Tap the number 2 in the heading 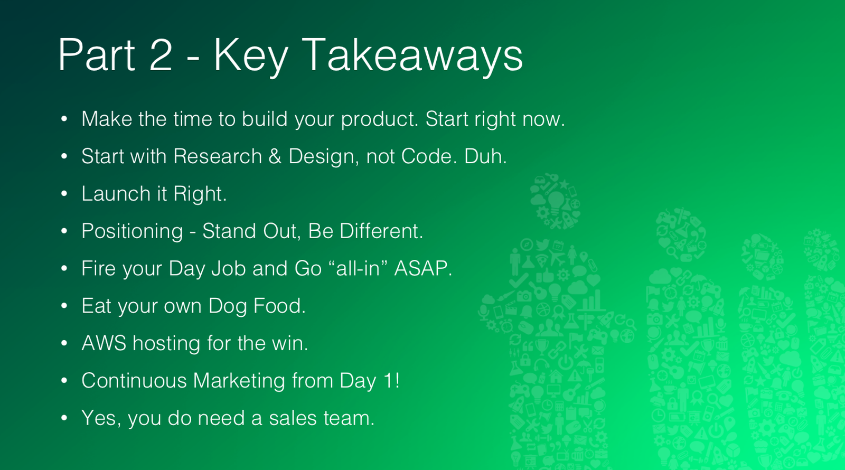tap(161, 54)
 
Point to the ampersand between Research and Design tap(275, 156)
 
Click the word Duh tap(485, 156)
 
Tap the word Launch tap(116, 193)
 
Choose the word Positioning tap(132, 232)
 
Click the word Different tap(381, 231)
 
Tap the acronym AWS tap(104, 343)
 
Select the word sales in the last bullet tap(293, 418)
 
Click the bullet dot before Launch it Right tap(64, 194)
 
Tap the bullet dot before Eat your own tap(64, 306)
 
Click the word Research tap(218, 156)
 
